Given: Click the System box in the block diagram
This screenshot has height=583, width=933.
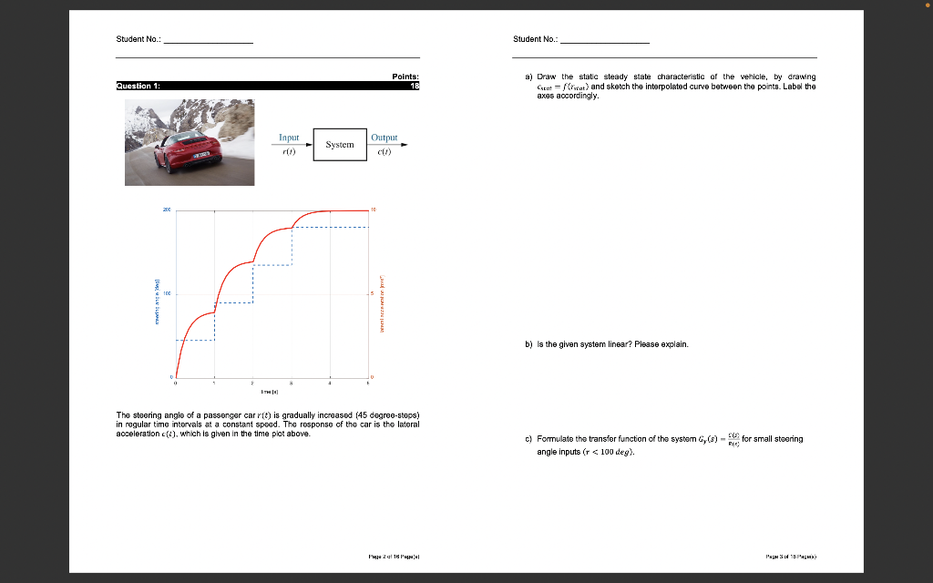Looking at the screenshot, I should [340, 145].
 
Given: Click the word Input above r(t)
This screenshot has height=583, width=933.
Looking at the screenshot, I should [289, 138].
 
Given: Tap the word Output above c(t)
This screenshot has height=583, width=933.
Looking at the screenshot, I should [384, 138].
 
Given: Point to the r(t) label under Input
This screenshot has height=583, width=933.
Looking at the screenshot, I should [289, 152].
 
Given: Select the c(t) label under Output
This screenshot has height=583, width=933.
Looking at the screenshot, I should [384, 152].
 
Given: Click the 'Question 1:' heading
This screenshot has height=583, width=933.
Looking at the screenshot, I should [139, 86].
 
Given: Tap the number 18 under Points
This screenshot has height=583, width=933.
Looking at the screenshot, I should [415, 86].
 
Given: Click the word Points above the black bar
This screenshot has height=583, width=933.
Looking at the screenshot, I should [405, 77].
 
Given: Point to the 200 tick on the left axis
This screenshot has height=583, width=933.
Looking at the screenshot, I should [167, 210].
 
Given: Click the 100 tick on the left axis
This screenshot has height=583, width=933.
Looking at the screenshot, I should [167, 294].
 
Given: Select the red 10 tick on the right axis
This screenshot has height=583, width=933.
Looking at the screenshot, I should [374, 210].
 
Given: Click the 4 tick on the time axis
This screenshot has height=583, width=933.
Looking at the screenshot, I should [331, 383].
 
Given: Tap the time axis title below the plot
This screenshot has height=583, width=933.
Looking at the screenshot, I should [271, 394].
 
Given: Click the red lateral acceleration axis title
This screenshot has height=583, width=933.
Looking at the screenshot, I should [384, 302].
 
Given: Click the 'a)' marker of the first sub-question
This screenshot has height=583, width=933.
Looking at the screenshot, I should [528, 77].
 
